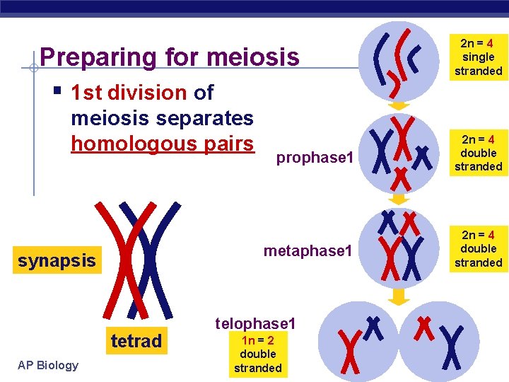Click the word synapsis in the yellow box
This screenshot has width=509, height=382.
57,260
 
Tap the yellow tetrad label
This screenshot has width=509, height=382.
136,341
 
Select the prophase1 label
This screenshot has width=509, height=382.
314,158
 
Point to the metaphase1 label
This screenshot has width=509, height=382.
307,250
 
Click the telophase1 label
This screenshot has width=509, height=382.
255,323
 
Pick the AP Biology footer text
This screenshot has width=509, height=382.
49,365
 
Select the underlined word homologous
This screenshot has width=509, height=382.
123,144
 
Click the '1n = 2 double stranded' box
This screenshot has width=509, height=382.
257,353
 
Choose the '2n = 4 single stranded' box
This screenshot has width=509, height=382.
478,57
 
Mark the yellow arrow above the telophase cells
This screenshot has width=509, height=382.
399,294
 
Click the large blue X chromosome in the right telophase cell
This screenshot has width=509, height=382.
452,347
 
